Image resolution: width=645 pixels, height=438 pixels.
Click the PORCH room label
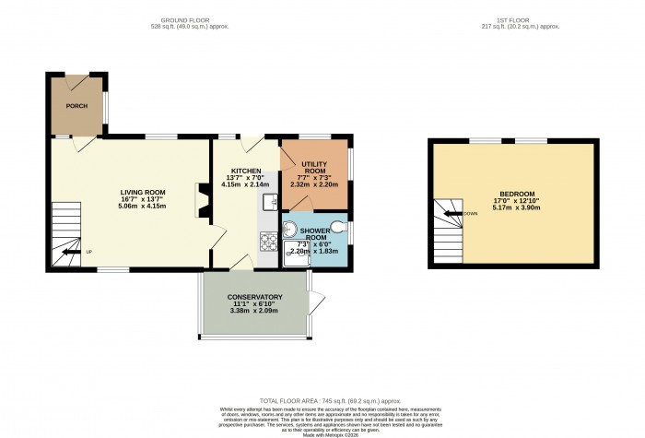click(76, 106)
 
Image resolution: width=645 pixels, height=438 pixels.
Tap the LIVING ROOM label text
click(141, 192)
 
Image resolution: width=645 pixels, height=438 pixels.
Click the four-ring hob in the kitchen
click(268, 242)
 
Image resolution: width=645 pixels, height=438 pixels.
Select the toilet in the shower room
click(340, 225)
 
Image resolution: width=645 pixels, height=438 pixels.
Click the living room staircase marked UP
click(65, 231)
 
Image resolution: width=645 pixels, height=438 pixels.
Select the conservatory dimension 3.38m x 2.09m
click(254, 312)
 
